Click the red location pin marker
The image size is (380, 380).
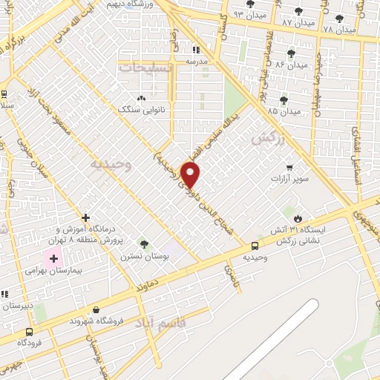click(191, 174)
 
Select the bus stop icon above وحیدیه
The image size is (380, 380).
click(255, 245)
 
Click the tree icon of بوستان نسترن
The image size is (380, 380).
click(144, 243)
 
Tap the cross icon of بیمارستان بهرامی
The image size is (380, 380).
click(53, 259)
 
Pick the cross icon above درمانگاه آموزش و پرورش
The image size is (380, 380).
click(86, 218)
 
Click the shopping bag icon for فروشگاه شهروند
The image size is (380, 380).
click(96, 309)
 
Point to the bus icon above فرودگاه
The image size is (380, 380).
click(29, 332)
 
